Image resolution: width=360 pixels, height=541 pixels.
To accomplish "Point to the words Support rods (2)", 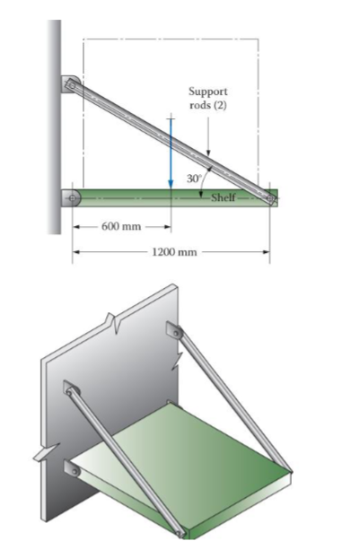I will coord(208,97).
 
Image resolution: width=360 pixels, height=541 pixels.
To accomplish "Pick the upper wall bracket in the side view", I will coord(70,86).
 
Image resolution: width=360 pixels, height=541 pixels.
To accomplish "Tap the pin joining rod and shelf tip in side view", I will coord(268,196).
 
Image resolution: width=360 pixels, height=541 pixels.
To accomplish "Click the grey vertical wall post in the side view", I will coord(55,126).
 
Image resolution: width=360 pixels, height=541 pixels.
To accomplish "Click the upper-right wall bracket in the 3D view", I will coord(174,334).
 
